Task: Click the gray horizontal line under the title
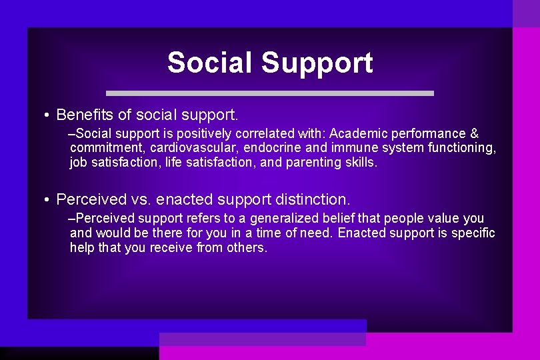pos(270,93)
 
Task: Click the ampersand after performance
pos(474,134)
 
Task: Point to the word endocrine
pos(273,148)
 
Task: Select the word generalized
pos(285,219)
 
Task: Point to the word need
pos(317,233)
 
